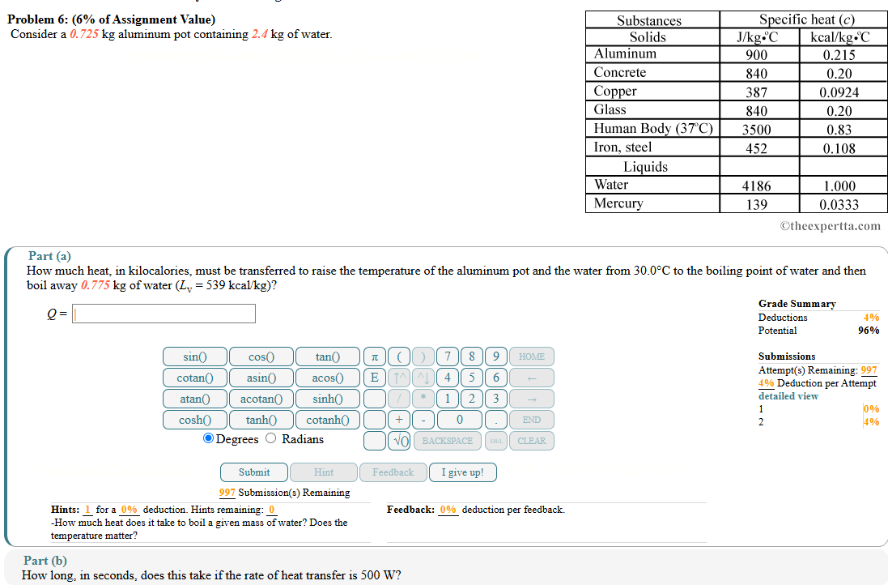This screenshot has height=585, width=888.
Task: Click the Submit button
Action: coord(254,472)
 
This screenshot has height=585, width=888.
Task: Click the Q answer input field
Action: coord(164,314)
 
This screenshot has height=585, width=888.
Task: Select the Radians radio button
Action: coord(271,439)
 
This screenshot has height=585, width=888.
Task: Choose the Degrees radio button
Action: coord(209,439)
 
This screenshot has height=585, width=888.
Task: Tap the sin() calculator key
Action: coord(194,357)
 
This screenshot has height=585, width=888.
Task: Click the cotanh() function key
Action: coord(327,420)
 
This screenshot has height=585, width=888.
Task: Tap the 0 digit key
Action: coord(459,420)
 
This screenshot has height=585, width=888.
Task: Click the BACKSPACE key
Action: coord(447,441)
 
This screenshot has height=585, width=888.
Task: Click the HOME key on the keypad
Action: coord(531,357)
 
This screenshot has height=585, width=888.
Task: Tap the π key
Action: coord(374,357)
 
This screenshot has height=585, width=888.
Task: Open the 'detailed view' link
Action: coord(788,396)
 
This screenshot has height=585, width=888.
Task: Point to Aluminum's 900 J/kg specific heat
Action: coord(756,55)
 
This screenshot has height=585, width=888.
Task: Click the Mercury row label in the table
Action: coord(618,203)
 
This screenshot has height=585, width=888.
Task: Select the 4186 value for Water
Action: coord(756,186)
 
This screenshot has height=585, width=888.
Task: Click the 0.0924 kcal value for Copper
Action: coord(839,92)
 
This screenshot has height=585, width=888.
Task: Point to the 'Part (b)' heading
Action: coord(45,561)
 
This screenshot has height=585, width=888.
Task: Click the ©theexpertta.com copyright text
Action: coord(830,226)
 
